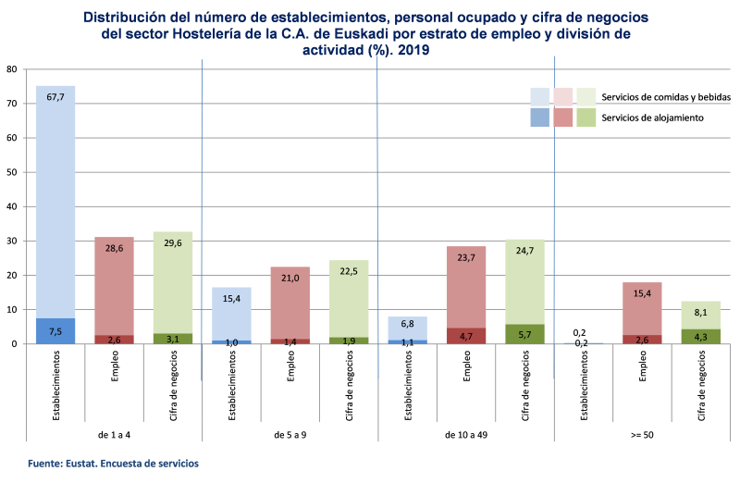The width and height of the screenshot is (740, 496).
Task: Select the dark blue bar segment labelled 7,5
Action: [55, 331]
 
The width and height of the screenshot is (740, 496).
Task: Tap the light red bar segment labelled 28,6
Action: [114, 287]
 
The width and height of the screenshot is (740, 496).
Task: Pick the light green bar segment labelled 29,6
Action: [172, 282]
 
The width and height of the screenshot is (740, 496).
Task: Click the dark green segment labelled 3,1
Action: [172, 339]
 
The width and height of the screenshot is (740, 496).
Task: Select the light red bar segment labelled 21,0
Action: [290, 304]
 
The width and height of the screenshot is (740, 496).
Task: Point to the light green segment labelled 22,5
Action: [349, 299]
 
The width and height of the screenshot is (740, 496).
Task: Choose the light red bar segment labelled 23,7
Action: [465, 287]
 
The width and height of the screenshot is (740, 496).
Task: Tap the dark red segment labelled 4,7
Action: [465, 336]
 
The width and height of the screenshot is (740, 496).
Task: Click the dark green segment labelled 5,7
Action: [524, 334]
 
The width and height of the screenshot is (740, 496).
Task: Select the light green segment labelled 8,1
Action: [700, 316]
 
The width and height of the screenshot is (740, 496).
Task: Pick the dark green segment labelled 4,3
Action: [700, 337]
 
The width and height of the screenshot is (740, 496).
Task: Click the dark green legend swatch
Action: [586, 118]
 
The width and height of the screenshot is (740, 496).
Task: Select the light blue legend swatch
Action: [540, 96]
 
